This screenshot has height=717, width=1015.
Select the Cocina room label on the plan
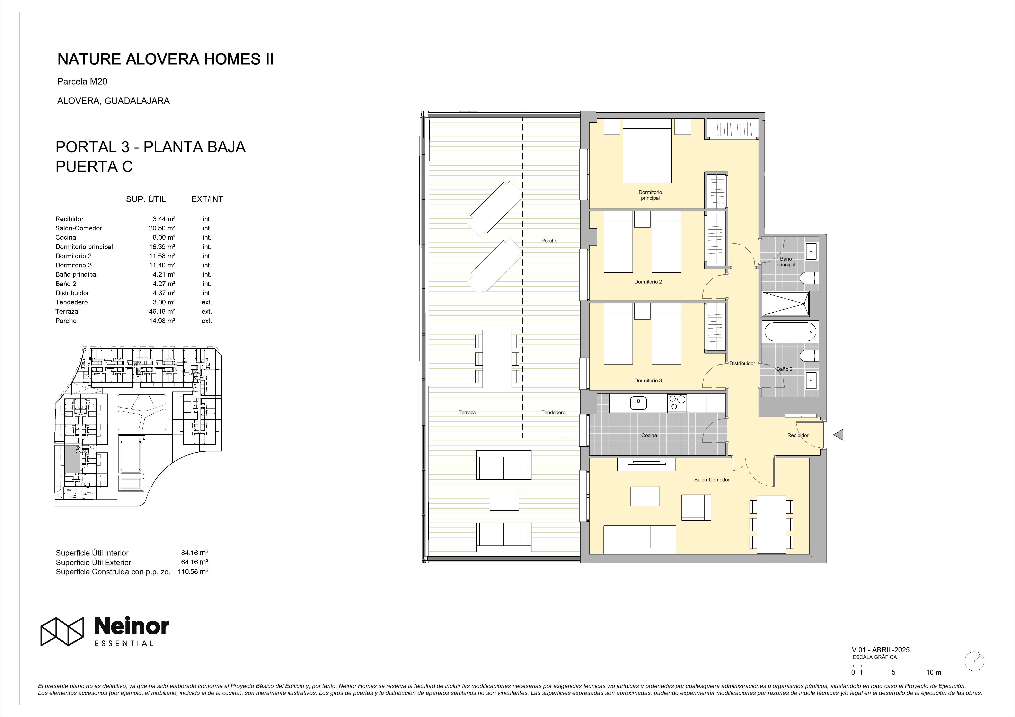(649, 435)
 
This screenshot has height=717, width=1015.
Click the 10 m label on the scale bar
(934, 685)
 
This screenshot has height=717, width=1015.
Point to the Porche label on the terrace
(549, 241)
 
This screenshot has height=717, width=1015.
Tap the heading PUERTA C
(94, 167)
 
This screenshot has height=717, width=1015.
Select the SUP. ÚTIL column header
(146, 199)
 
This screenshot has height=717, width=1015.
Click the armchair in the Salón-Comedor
(696, 507)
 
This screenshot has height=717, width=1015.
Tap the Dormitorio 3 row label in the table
(74, 265)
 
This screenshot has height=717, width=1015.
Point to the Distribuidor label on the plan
(742, 363)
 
